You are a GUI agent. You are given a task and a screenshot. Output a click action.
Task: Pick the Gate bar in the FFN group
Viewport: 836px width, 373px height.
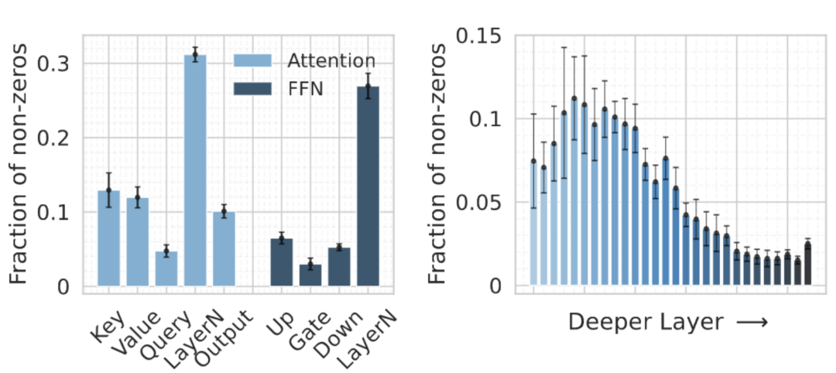(x=310, y=275)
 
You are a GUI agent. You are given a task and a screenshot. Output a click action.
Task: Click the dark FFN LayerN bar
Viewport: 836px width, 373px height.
(x=368, y=186)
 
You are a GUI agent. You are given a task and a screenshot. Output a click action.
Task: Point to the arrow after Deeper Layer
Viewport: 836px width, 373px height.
(x=751, y=323)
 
